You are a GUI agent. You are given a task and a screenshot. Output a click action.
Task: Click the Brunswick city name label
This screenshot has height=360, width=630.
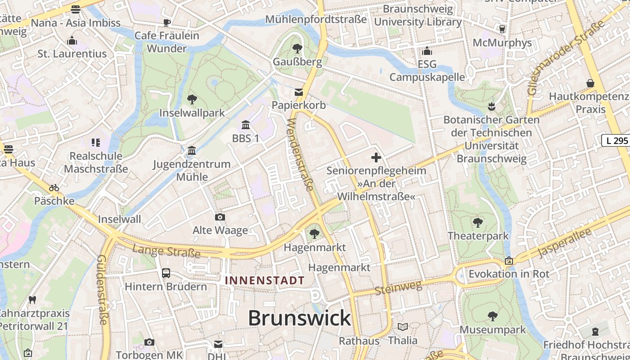click(x=299, y=318)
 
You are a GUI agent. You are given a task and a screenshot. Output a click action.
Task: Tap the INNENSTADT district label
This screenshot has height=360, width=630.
click(x=265, y=280)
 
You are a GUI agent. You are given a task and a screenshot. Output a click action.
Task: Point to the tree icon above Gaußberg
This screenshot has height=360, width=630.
click(x=297, y=49)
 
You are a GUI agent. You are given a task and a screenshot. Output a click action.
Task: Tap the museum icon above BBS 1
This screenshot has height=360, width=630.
click(x=246, y=125)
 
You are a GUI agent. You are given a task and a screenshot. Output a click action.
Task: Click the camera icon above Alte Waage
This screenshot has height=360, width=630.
click(x=220, y=217)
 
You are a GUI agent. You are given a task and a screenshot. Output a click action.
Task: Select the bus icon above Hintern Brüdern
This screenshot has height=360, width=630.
click(x=166, y=273)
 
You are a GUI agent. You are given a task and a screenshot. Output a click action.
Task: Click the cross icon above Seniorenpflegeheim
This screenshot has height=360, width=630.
click(x=376, y=157)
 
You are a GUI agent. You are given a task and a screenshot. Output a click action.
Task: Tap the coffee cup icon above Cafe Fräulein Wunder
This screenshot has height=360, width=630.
click(x=167, y=22)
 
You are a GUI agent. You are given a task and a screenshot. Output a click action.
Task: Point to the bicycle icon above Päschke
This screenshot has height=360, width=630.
click(x=54, y=187)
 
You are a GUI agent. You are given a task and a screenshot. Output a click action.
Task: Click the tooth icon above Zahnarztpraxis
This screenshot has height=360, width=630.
click(x=32, y=300)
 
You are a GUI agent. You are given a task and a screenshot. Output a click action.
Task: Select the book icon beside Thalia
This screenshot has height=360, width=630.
click(x=403, y=327)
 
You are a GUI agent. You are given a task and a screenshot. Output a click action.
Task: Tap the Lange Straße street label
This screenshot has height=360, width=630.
click(x=166, y=251)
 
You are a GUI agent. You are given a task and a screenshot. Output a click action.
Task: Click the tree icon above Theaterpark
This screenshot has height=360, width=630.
click(x=478, y=222)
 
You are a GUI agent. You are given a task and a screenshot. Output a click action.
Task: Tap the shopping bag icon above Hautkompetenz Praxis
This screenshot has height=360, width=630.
click(x=590, y=83)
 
